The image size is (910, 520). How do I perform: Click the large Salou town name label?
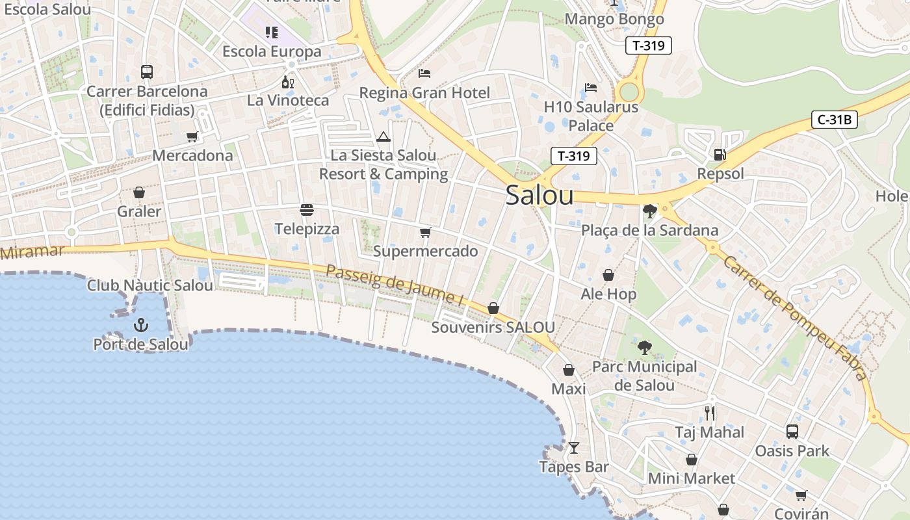click(539, 195)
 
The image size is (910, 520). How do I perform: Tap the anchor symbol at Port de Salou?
click(141, 324)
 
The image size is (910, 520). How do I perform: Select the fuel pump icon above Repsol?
click(720, 155)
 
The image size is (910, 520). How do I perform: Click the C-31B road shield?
click(835, 120)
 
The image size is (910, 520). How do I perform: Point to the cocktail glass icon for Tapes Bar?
click(573, 447)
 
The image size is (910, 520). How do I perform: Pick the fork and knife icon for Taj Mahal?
click(709, 413)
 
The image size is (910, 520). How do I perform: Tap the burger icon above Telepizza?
click(307, 210)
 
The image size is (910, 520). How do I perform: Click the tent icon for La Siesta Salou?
click(383, 136)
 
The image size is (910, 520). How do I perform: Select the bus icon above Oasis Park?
click(792, 431)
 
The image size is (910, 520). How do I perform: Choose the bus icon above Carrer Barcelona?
click(147, 72)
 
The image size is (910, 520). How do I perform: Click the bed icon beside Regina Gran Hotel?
click(424, 73)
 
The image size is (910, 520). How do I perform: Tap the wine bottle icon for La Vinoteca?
click(287, 82)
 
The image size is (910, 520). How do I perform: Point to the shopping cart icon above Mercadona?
click(192, 136)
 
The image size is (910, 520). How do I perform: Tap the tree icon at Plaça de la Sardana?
click(649, 211)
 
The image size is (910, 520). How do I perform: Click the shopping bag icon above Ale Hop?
click(608, 275)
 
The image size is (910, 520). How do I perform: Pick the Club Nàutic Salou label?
click(150, 285)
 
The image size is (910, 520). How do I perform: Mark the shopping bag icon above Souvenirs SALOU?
click(493, 308)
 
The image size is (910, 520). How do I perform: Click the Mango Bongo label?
click(614, 19)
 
